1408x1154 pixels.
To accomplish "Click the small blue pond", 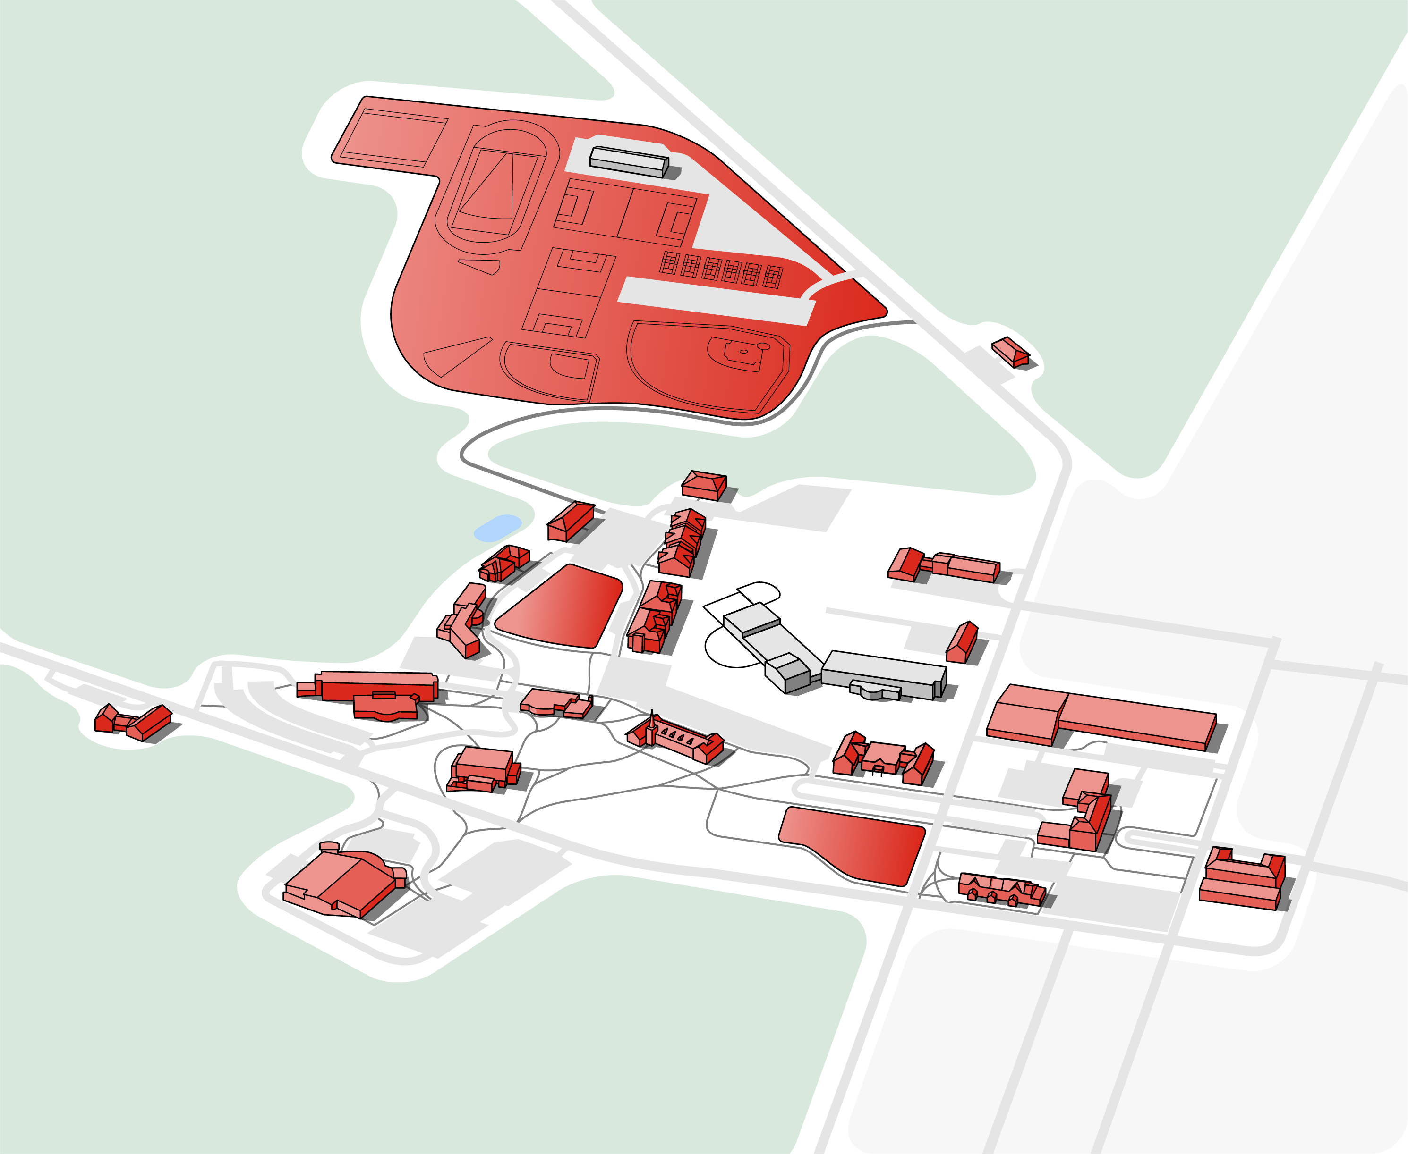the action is pyautogui.click(x=497, y=527).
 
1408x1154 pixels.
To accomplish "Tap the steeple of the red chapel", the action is pyautogui.click(x=652, y=718).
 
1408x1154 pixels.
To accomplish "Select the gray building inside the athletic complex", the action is pyautogui.click(x=629, y=161).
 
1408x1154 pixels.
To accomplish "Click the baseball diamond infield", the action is pyautogui.click(x=743, y=352).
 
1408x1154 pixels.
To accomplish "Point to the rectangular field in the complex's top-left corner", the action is pyautogui.click(x=393, y=138).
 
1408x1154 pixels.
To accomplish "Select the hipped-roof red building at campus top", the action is pyautogui.click(x=704, y=483).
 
